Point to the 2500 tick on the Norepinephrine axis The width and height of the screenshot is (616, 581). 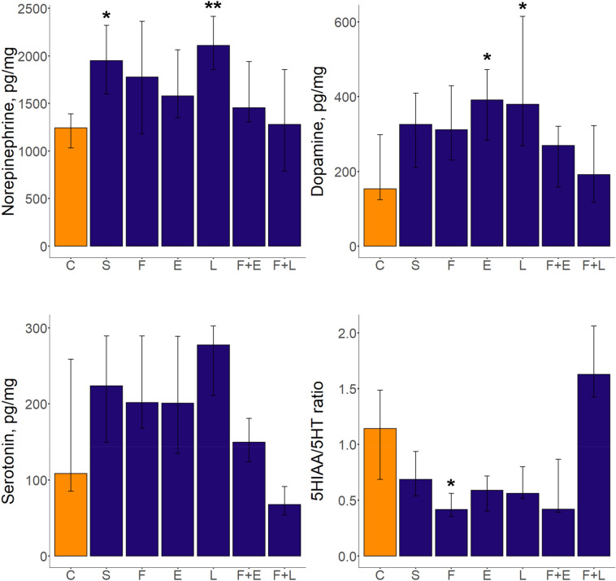click(x=33, y=9)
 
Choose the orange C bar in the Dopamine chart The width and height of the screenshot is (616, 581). click(x=380, y=217)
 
